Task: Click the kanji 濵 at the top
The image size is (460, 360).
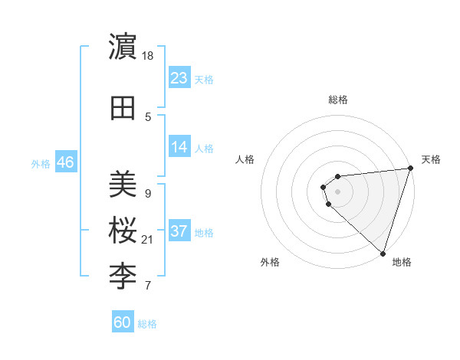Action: tap(123, 47)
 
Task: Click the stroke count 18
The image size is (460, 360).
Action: tap(149, 56)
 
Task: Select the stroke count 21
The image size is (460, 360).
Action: tap(149, 240)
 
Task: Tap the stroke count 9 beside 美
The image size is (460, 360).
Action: tap(147, 193)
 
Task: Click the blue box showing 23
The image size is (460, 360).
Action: tap(179, 77)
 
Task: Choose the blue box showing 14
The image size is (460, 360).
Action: tap(179, 147)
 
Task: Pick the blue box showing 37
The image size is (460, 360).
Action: tap(179, 231)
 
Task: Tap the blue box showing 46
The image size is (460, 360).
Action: tap(65, 162)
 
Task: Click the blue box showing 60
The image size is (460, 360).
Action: tap(122, 322)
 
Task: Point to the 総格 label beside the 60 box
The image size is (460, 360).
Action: tap(147, 324)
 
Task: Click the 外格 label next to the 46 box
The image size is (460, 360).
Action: tap(41, 163)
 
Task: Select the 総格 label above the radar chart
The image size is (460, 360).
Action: tap(337, 100)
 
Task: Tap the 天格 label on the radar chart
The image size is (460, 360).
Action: tap(431, 159)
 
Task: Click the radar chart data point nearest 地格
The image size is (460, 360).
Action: tap(383, 253)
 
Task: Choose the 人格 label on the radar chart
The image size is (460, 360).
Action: tap(245, 159)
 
